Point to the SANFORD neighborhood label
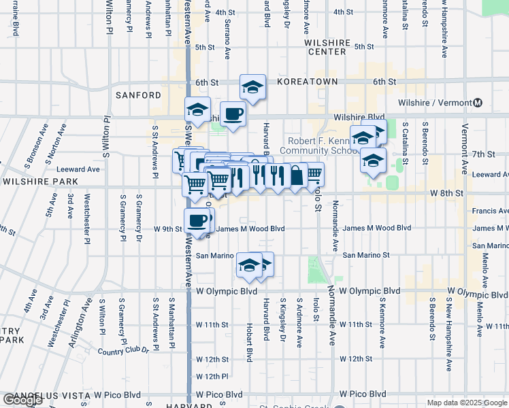pos(138,95)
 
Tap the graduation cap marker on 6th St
pos(252,87)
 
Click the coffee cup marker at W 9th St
pos(197,220)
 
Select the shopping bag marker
pos(297,175)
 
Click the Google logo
pos(22,401)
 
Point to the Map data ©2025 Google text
pos(467,403)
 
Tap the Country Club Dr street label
pos(123,352)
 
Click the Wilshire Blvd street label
pos(359,117)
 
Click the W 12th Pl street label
pos(212,376)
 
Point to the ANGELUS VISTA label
pos(44,395)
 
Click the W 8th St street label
pos(446,193)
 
